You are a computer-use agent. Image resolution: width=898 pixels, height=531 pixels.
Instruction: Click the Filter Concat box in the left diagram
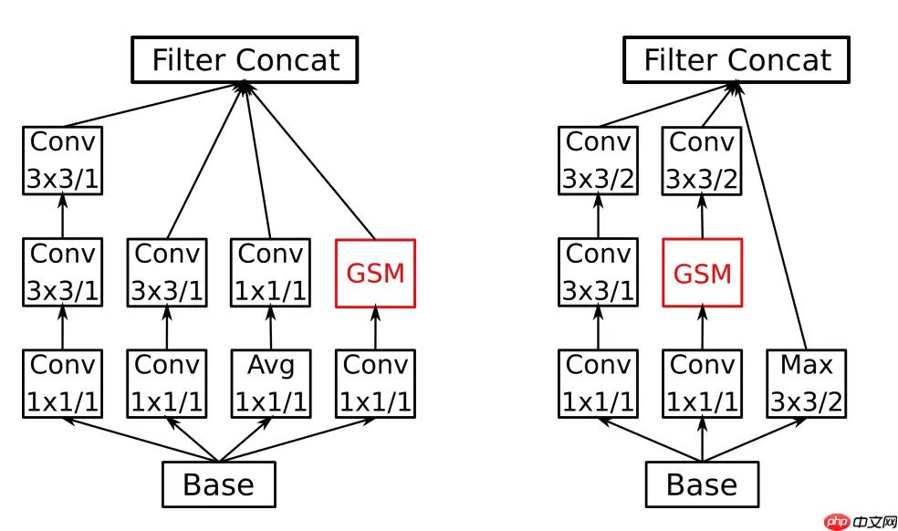click(x=245, y=60)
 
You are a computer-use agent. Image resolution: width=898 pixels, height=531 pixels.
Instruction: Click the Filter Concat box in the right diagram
click(x=736, y=60)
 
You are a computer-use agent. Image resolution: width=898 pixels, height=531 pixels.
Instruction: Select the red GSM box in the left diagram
click(x=376, y=273)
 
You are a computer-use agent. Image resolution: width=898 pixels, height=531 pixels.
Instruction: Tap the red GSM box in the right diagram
click(x=703, y=273)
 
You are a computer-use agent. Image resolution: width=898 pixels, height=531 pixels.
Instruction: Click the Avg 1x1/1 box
click(x=271, y=383)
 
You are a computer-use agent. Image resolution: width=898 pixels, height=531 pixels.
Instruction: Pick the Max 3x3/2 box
click(x=806, y=383)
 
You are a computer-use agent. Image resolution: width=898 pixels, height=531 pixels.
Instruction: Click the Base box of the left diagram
click(x=218, y=484)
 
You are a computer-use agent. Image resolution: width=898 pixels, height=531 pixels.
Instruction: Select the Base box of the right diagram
click(x=702, y=484)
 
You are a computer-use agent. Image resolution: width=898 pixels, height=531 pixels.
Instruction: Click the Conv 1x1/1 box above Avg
click(x=271, y=272)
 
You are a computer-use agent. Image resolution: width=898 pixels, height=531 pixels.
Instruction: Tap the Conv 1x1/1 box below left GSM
click(x=376, y=383)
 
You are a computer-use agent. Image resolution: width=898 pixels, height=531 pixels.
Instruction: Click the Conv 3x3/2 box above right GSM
click(x=702, y=161)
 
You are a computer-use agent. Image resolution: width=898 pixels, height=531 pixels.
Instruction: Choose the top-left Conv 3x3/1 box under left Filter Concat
click(x=62, y=161)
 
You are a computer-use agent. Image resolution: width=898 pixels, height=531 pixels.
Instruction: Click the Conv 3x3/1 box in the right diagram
click(x=598, y=272)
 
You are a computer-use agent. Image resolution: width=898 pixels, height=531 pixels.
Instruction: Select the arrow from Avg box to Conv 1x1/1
click(x=271, y=328)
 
